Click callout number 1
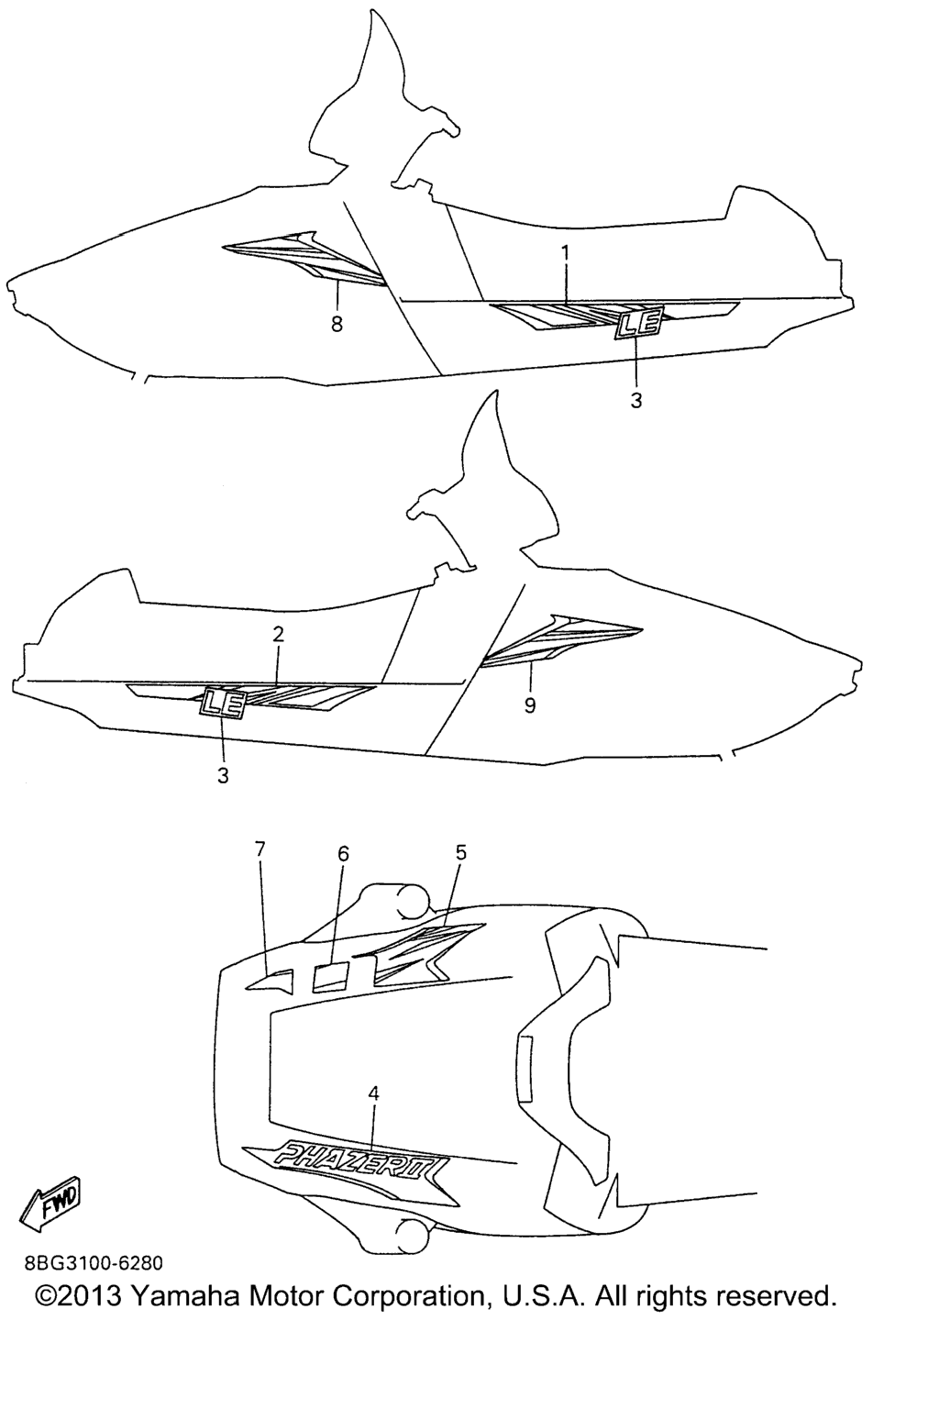click(565, 253)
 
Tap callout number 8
click(337, 324)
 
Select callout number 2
click(279, 634)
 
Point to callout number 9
click(530, 705)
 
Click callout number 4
click(373, 1093)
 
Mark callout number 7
click(260, 849)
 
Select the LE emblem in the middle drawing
click(223, 704)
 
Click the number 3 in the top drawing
click(635, 401)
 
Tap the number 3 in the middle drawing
click(223, 775)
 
